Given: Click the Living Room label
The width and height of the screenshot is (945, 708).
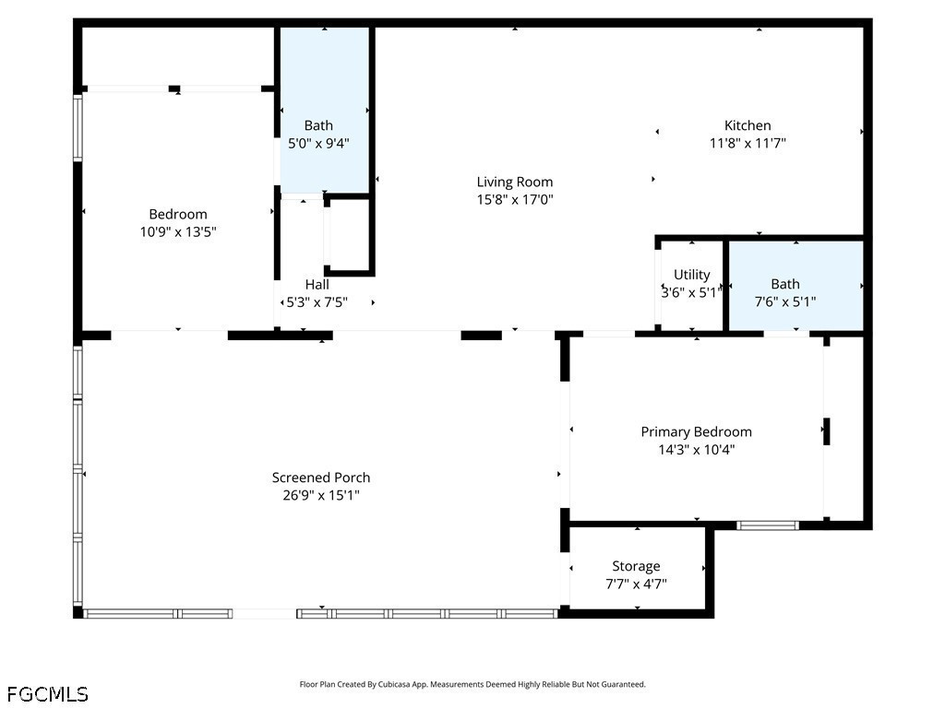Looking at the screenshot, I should click(514, 182).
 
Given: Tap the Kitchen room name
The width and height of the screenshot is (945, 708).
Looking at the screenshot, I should click(747, 125).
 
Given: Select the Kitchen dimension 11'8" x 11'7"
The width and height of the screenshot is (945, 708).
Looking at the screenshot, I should click(747, 143).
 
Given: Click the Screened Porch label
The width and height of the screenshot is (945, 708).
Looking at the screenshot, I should click(321, 478).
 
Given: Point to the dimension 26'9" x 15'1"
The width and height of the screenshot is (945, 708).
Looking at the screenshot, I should click(321, 495).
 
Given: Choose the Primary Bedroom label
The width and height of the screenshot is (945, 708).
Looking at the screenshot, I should click(696, 431).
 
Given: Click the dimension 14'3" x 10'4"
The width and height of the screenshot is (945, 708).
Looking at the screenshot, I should click(696, 450).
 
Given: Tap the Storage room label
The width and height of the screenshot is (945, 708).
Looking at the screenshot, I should click(636, 566).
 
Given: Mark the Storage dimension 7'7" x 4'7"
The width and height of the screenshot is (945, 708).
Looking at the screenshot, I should click(636, 584).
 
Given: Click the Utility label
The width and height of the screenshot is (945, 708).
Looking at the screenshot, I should click(691, 275).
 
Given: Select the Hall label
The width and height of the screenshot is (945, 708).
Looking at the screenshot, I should click(317, 285).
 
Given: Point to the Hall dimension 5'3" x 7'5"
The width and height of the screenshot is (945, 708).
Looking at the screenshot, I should click(317, 302).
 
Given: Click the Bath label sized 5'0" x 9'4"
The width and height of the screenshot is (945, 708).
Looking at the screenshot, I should click(318, 125).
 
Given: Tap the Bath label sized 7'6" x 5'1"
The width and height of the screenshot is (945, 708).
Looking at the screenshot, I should click(785, 284).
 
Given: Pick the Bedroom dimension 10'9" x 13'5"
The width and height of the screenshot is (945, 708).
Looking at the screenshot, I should click(178, 232).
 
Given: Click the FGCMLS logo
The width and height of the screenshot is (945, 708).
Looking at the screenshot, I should click(47, 693).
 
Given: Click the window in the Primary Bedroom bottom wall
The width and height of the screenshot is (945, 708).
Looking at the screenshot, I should click(767, 525).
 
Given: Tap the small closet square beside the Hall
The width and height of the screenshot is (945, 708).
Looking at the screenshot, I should click(349, 235).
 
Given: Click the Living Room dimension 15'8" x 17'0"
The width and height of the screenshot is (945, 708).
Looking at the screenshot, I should click(514, 199).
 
